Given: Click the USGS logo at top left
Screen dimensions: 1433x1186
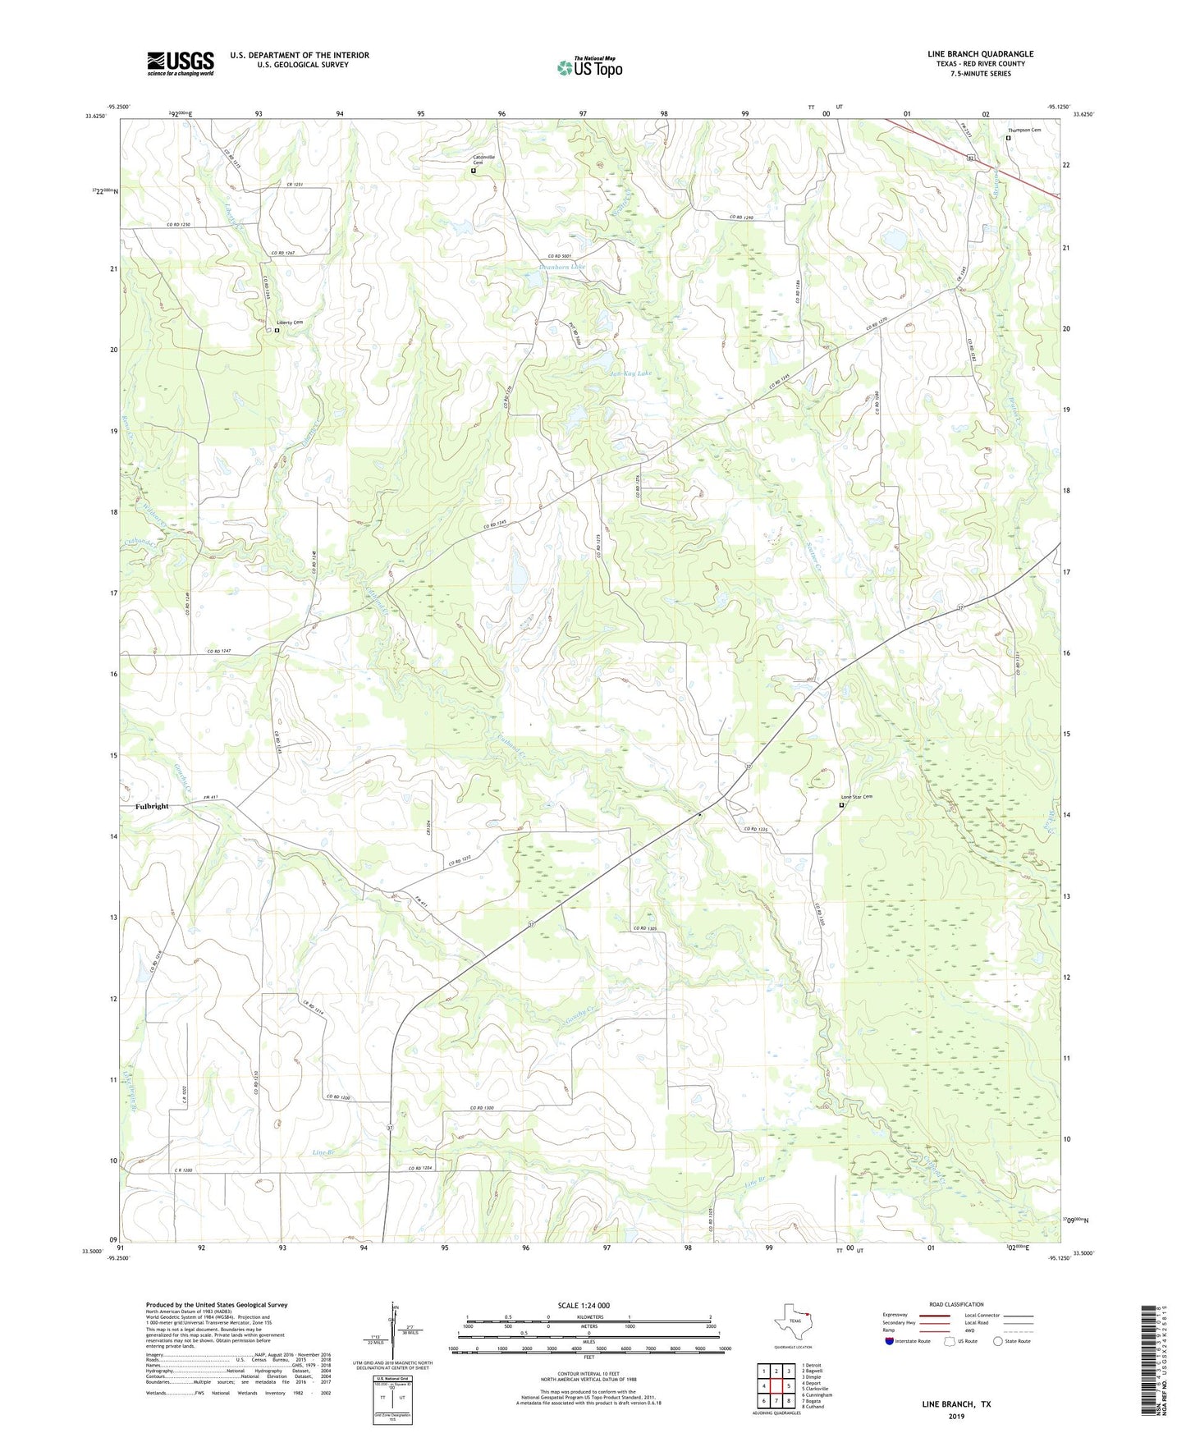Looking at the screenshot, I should (181, 63).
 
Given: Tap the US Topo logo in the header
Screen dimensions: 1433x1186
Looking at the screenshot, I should (588, 67).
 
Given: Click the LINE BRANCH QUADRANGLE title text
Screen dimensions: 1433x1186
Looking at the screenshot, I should (980, 54).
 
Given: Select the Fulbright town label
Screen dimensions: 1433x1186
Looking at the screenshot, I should (152, 806).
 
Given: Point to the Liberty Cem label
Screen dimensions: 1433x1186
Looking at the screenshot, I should (289, 323).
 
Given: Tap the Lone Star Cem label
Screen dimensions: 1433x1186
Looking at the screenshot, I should (856, 797).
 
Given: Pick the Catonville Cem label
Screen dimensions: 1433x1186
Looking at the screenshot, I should (484, 160).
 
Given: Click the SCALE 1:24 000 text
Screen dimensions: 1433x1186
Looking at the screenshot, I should (588, 1305).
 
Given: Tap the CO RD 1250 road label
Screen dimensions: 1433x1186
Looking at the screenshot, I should (179, 225).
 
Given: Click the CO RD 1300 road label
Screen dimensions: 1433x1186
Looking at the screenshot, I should (482, 1109).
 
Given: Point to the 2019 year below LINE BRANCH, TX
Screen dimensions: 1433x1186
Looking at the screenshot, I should (955, 1417).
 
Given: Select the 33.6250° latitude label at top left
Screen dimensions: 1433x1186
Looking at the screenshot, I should (96, 116).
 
